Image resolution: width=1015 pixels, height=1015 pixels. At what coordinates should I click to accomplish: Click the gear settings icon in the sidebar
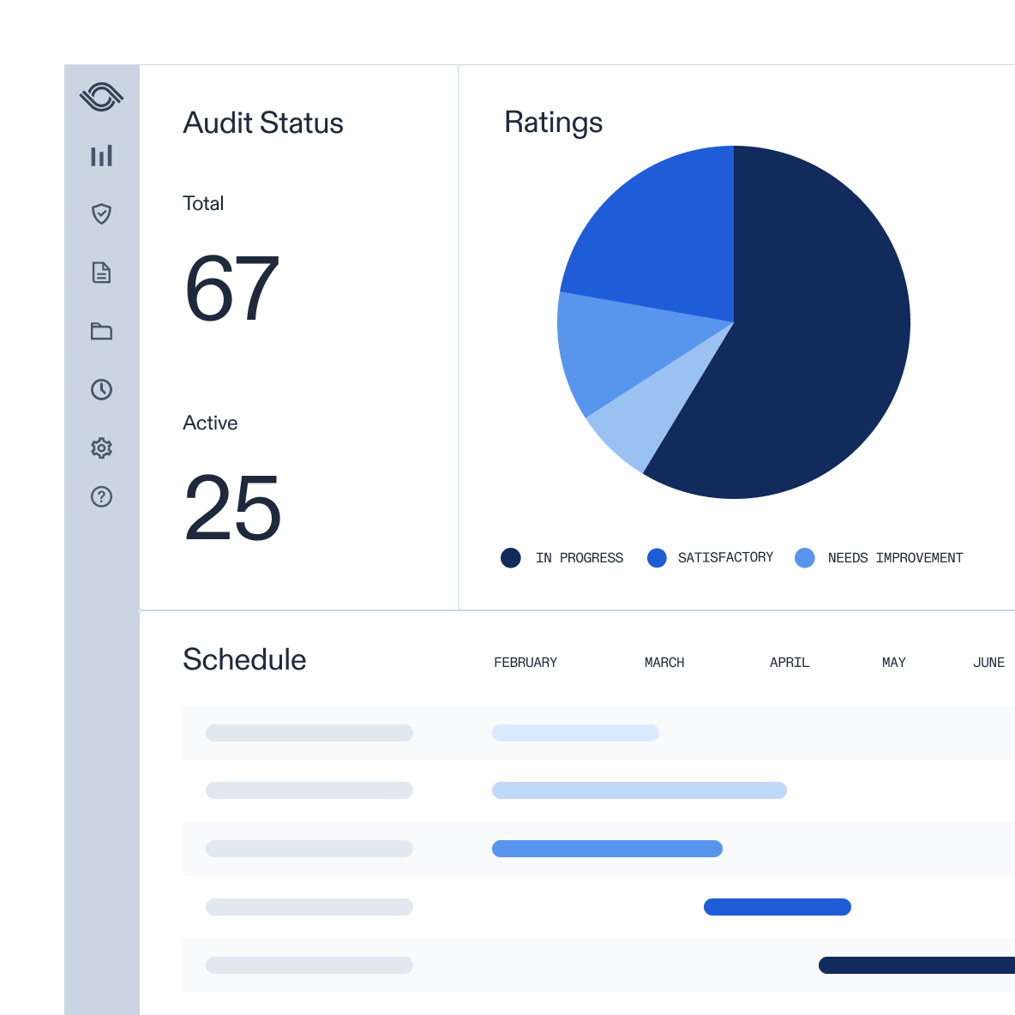point(101,447)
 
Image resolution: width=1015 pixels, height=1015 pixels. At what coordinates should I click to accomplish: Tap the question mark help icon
point(101,496)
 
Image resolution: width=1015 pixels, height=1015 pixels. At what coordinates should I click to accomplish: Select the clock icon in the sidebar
point(101,389)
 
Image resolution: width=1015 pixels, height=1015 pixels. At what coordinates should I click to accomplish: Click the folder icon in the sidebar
point(101,331)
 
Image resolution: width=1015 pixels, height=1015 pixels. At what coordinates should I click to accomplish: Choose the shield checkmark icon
point(101,213)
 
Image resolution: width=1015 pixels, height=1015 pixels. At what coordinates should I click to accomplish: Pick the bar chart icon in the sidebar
point(101,155)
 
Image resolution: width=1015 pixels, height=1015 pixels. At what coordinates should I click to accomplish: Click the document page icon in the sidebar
point(101,273)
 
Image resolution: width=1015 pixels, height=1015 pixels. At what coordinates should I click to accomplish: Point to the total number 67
point(231,290)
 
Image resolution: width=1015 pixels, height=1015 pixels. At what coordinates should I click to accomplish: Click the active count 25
point(232,508)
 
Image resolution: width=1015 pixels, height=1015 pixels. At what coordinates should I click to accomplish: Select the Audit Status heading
point(263,123)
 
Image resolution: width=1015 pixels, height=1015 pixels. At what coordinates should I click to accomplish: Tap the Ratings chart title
point(553,123)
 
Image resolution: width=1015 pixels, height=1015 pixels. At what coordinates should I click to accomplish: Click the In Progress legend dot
point(511,558)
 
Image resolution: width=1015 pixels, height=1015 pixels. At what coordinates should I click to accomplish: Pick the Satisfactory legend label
point(725,558)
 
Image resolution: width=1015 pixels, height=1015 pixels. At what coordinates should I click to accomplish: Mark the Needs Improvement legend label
point(895,558)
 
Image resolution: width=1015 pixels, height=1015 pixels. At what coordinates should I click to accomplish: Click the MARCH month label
point(664,663)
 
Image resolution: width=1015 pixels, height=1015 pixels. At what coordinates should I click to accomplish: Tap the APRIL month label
point(790,663)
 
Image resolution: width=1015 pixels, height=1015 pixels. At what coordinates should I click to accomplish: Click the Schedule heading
point(244,660)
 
